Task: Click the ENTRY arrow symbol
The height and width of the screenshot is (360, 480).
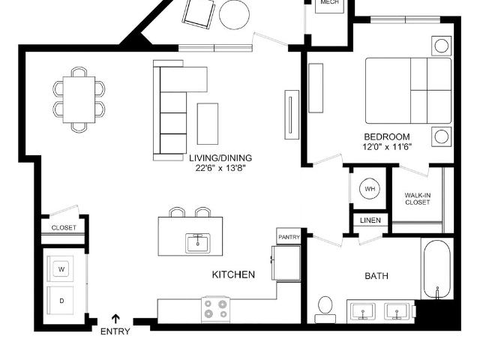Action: coord(115,319)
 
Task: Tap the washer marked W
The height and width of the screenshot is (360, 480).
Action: coord(61,268)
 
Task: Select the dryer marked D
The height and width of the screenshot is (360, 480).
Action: coord(61,300)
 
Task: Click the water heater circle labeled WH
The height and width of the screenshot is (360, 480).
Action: coord(370,188)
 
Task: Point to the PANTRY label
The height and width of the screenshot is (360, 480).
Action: coord(289,237)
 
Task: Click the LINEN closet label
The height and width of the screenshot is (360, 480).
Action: coord(370,220)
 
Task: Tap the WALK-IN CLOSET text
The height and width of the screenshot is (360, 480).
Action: coord(418,199)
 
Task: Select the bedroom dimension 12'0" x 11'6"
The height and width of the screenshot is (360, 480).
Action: coord(387,147)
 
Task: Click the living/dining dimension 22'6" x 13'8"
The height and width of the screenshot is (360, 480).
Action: coord(220,168)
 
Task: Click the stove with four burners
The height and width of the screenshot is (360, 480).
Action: coord(216,309)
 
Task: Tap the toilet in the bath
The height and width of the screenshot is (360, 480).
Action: coord(325,309)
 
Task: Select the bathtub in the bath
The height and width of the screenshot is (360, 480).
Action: coord(437,269)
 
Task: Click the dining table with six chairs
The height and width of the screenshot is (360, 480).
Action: coord(79,100)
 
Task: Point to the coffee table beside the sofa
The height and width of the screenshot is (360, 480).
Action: coord(208,124)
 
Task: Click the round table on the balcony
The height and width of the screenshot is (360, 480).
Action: coord(234,14)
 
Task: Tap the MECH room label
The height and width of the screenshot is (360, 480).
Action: coord(330,2)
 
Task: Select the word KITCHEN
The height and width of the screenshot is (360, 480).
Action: coord(233,274)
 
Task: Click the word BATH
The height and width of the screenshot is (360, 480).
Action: coord(376,276)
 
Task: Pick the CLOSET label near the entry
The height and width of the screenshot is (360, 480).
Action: coord(64,228)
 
